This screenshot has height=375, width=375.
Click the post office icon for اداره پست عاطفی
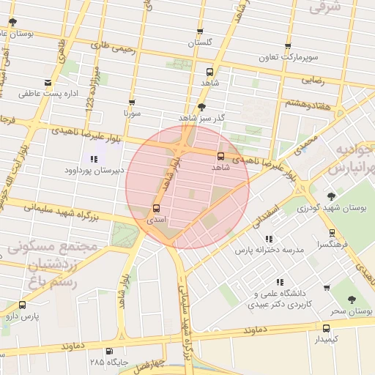click(x=48, y=82)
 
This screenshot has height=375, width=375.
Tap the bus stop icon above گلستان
click(x=199, y=31)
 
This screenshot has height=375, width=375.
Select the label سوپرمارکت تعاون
click(x=292, y=56)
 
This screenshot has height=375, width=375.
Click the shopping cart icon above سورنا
click(x=132, y=103)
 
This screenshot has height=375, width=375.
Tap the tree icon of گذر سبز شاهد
click(x=201, y=106)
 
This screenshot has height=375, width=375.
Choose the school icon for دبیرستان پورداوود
click(x=93, y=159)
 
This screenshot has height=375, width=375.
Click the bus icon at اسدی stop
click(x=156, y=208)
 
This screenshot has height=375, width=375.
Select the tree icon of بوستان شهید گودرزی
click(x=331, y=196)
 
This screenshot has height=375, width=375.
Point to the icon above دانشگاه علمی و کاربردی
click(x=279, y=282)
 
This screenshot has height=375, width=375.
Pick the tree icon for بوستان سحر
click(x=352, y=300)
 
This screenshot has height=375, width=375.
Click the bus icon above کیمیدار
click(x=326, y=329)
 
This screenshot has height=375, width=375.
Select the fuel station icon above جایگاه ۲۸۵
click(x=109, y=352)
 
